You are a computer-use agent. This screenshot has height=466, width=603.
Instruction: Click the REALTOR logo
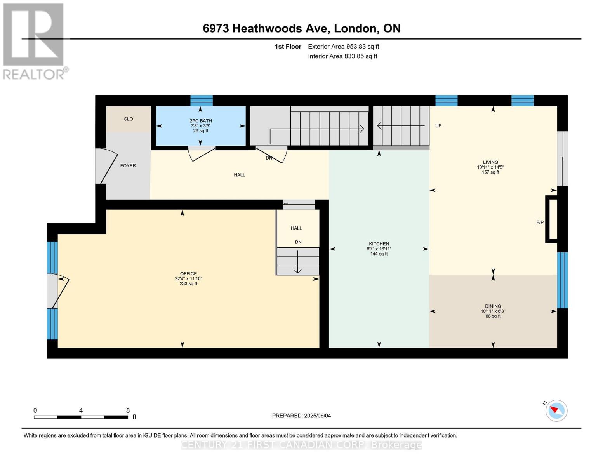pyautogui.click(x=35, y=42)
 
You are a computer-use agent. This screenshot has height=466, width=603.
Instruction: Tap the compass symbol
pyautogui.click(x=556, y=411)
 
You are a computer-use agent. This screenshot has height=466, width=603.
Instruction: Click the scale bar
pyautogui.click(x=81, y=417)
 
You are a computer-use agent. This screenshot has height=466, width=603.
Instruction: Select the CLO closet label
pyautogui.click(x=128, y=119)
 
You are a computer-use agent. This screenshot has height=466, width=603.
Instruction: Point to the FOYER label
pyautogui.click(x=128, y=166)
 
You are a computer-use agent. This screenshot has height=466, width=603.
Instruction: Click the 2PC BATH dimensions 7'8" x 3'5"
pyautogui.click(x=201, y=126)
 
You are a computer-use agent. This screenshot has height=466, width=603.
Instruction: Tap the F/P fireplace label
pyautogui.click(x=540, y=222)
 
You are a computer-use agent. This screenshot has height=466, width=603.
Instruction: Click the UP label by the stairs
pyautogui.click(x=438, y=126)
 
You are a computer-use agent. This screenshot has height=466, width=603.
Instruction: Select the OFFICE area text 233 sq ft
pyautogui.click(x=188, y=283)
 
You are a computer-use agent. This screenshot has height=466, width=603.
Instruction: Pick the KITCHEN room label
pyautogui.click(x=379, y=244)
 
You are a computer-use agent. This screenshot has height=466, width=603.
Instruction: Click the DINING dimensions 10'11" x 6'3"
pyautogui.click(x=493, y=311)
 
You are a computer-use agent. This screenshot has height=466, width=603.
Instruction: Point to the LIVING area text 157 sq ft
pyautogui.click(x=490, y=172)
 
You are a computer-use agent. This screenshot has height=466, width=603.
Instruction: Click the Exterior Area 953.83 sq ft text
pyautogui.click(x=343, y=47)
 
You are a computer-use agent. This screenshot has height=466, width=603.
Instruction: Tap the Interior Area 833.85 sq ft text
pyautogui.click(x=342, y=56)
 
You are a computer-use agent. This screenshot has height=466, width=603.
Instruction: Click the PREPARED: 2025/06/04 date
pyautogui.click(x=301, y=416)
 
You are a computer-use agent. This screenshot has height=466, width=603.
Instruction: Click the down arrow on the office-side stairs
pyautogui.click(x=297, y=262)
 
